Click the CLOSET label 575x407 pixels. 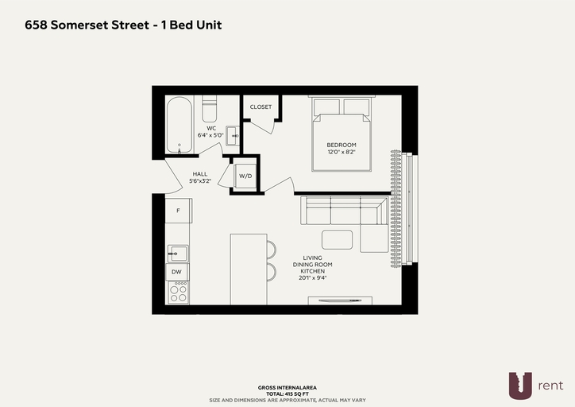(260, 107)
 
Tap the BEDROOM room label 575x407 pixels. (342, 145)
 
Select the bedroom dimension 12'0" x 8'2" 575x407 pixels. (342, 152)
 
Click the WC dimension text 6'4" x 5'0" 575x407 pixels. (210, 135)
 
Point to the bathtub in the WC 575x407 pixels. (179, 125)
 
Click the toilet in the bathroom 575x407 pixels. (210, 109)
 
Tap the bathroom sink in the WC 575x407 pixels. (233, 136)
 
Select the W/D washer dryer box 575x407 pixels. (245, 176)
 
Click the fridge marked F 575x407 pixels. (178, 211)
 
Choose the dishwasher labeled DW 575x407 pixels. (177, 272)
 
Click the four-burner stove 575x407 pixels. (179, 293)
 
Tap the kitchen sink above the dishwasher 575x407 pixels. (178, 254)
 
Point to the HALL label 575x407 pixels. (200, 174)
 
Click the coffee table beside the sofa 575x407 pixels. (338, 239)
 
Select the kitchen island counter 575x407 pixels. (249, 269)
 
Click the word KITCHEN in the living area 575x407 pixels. (312, 271)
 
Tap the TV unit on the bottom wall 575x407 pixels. (340, 300)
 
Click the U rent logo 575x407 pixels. (536, 386)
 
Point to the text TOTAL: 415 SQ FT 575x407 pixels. (287, 393)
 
